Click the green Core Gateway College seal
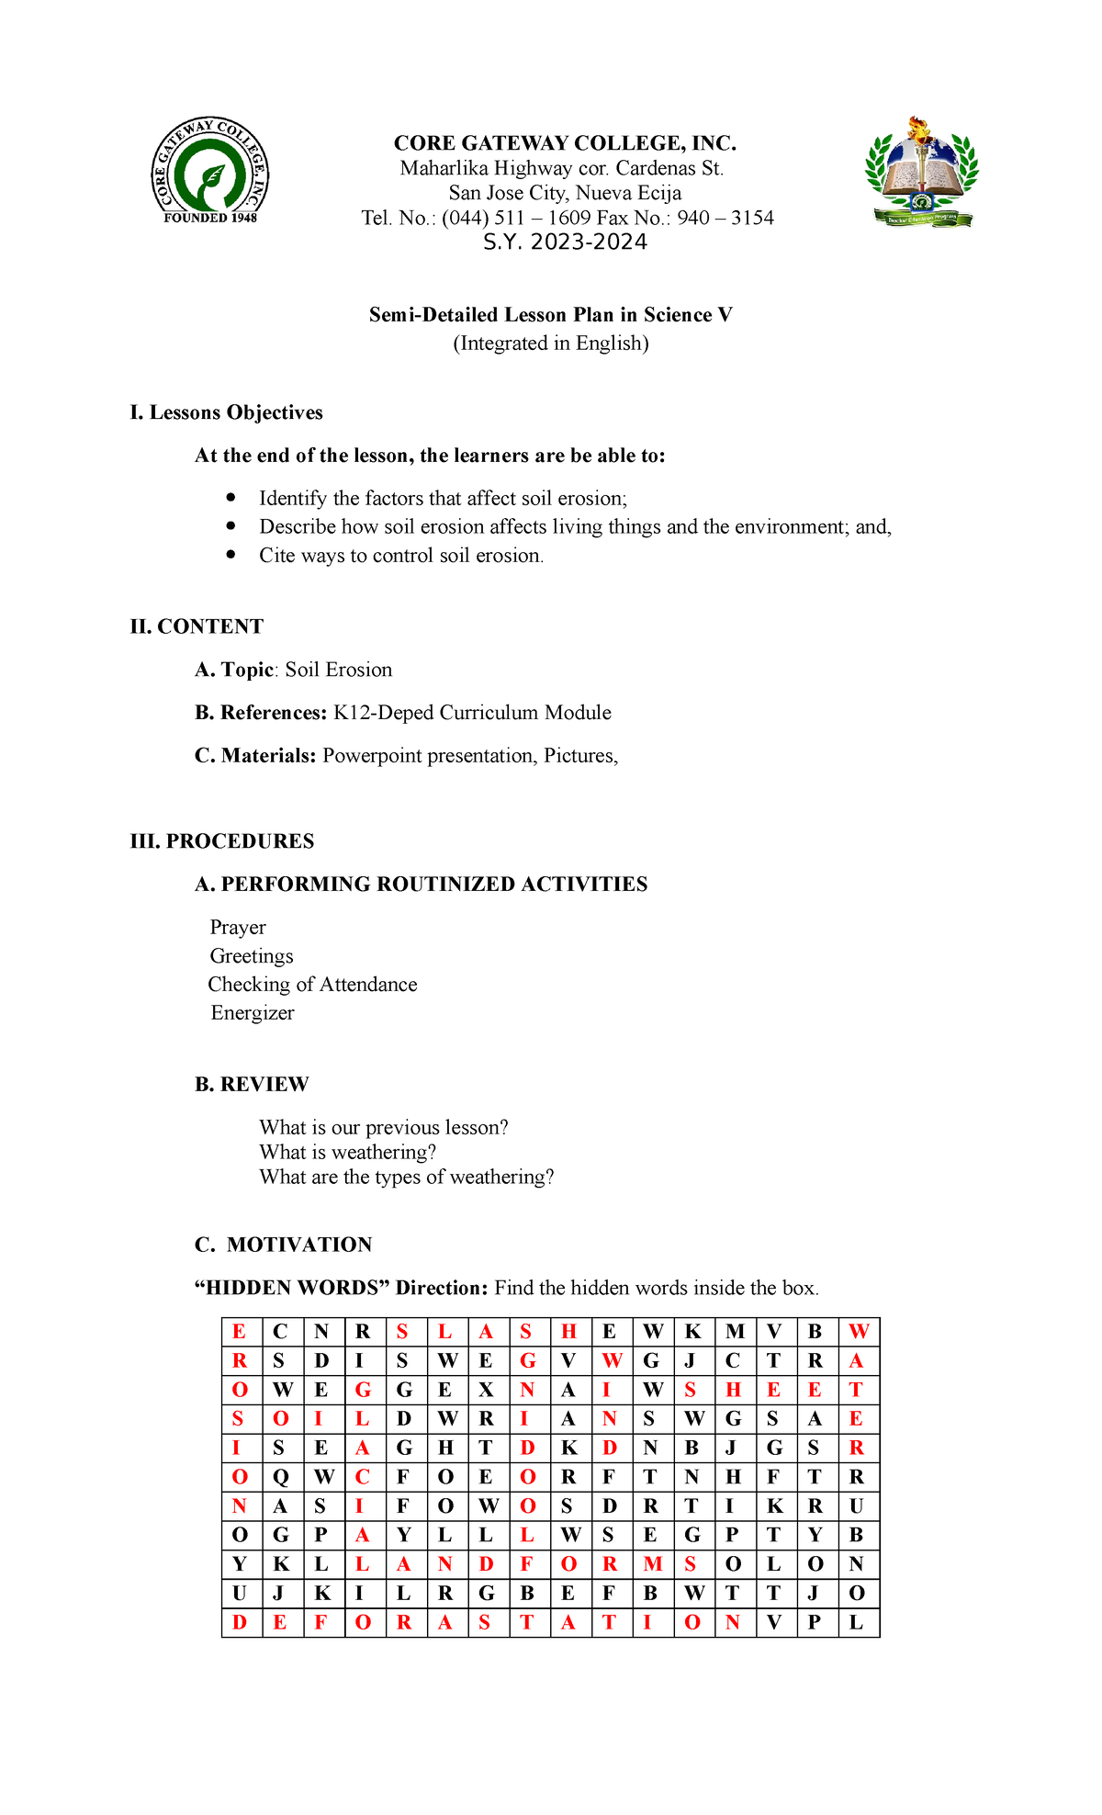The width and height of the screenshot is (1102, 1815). [210, 172]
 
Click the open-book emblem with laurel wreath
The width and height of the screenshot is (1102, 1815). [921, 173]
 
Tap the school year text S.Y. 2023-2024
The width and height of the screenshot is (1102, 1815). [566, 242]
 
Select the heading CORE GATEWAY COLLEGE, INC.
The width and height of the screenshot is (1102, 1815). [565, 143]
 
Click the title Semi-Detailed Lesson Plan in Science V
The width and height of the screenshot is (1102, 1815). [550, 315]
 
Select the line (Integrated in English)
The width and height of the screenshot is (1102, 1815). [550, 344]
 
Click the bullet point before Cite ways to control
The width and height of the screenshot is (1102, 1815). [231, 555]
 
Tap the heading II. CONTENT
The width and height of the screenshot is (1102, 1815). [197, 626]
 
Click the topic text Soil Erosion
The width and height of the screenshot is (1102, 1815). [338, 670]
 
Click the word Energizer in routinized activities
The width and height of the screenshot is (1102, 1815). [253, 1013]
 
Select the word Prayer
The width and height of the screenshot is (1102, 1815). [238, 928]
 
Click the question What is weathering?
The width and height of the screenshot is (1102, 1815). [347, 1153]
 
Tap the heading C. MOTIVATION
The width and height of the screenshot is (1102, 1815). [283, 1245]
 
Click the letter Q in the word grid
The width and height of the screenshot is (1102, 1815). [281, 1477]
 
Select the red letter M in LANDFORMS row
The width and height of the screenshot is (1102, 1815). [652, 1563]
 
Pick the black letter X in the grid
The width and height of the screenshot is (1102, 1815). [486, 1391]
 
